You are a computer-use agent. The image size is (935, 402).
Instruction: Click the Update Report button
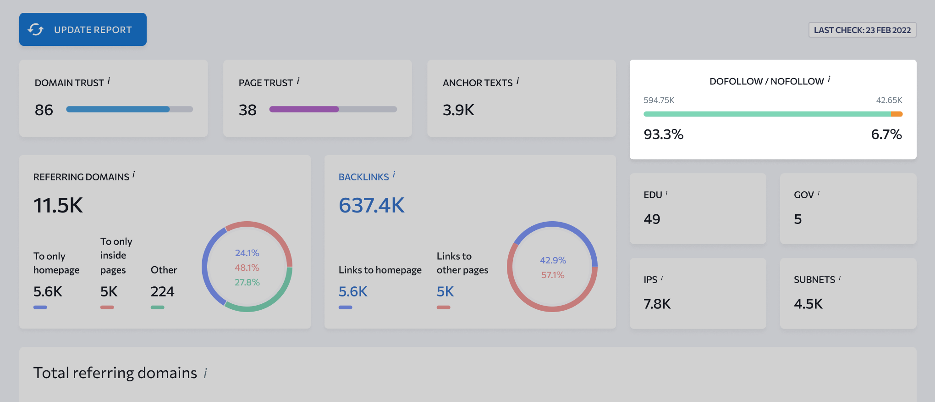click(x=83, y=29)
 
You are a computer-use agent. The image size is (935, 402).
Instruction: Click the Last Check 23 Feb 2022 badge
click(x=862, y=30)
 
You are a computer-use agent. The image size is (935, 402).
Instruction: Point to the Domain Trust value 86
click(x=44, y=110)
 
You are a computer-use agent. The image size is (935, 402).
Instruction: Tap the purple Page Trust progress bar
click(x=304, y=109)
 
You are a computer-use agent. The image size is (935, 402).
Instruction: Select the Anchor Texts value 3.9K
click(x=458, y=110)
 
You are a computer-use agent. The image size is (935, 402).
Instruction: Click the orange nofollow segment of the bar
click(x=897, y=114)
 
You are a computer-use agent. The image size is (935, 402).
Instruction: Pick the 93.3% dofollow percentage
click(x=663, y=134)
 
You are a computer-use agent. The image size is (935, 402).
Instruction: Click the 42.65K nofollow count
click(x=889, y=100)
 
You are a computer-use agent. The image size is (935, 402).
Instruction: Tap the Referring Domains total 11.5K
click(x=58, y=205)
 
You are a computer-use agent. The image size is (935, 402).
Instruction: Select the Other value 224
click(x=163, y=291)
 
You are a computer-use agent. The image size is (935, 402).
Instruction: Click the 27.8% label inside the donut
click(x=247, y=282)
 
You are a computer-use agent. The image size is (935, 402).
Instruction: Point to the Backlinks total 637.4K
click(x=372, y=205)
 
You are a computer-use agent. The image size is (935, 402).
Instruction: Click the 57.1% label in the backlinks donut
click(x=553, y=275)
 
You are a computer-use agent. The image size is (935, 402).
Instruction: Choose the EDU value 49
click(x=652, y=219)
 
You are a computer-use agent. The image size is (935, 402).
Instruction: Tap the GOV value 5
click(x=798, y=219)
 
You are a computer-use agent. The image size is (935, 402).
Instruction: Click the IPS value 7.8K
click(x=657, y=304)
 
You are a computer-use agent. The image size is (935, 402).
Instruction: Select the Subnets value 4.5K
click(x=808, y=304)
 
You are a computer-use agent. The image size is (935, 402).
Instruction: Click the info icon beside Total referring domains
click(x=205, y=374)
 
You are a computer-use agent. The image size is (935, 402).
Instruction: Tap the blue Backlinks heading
click(x=364, y=177)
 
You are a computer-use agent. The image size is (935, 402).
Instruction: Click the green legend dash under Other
click(x=158, y=307)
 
